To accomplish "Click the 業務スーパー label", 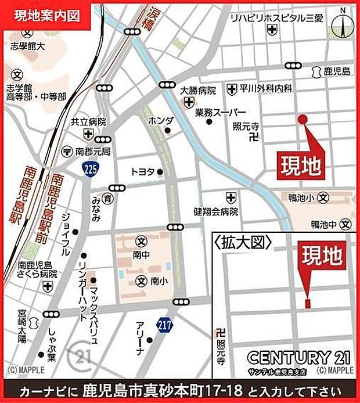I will [221, 111].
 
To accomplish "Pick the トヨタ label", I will [142, 171].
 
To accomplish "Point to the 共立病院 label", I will [88, 122].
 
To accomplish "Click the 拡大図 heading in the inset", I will [243, 242].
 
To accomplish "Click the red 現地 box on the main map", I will [301, 166].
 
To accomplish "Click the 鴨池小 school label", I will [301, 198].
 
